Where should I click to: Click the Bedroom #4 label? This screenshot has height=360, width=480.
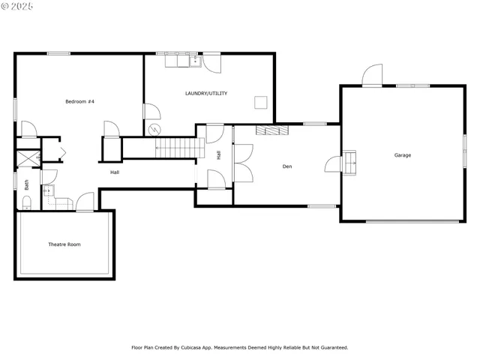(x=79, y=101)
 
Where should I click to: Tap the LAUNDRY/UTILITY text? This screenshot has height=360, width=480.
(x=206, y=93)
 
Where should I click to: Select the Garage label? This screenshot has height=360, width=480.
(x=403, y=155)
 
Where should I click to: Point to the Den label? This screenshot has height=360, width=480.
(x=287, y=166)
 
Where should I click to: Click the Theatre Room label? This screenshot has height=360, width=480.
(x=64, y=244)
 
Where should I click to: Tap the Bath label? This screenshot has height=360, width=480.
(x=27, y=183)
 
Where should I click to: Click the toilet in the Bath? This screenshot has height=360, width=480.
(x=25, y=201)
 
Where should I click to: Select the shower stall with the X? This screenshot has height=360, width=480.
(x=28, y=158)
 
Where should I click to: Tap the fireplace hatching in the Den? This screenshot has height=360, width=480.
(x=272, y=130)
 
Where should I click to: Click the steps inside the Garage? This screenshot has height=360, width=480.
(x=349, y=162)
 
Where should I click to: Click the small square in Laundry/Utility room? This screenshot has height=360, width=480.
(x=260, y=102)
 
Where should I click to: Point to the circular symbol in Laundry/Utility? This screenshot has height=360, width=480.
(x=155, y=127)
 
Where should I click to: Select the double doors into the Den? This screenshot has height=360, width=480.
(x=243, y=164)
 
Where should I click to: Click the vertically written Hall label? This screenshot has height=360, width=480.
(x=218, y=155)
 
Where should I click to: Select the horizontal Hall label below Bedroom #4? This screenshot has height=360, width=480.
(x=115, y=172)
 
